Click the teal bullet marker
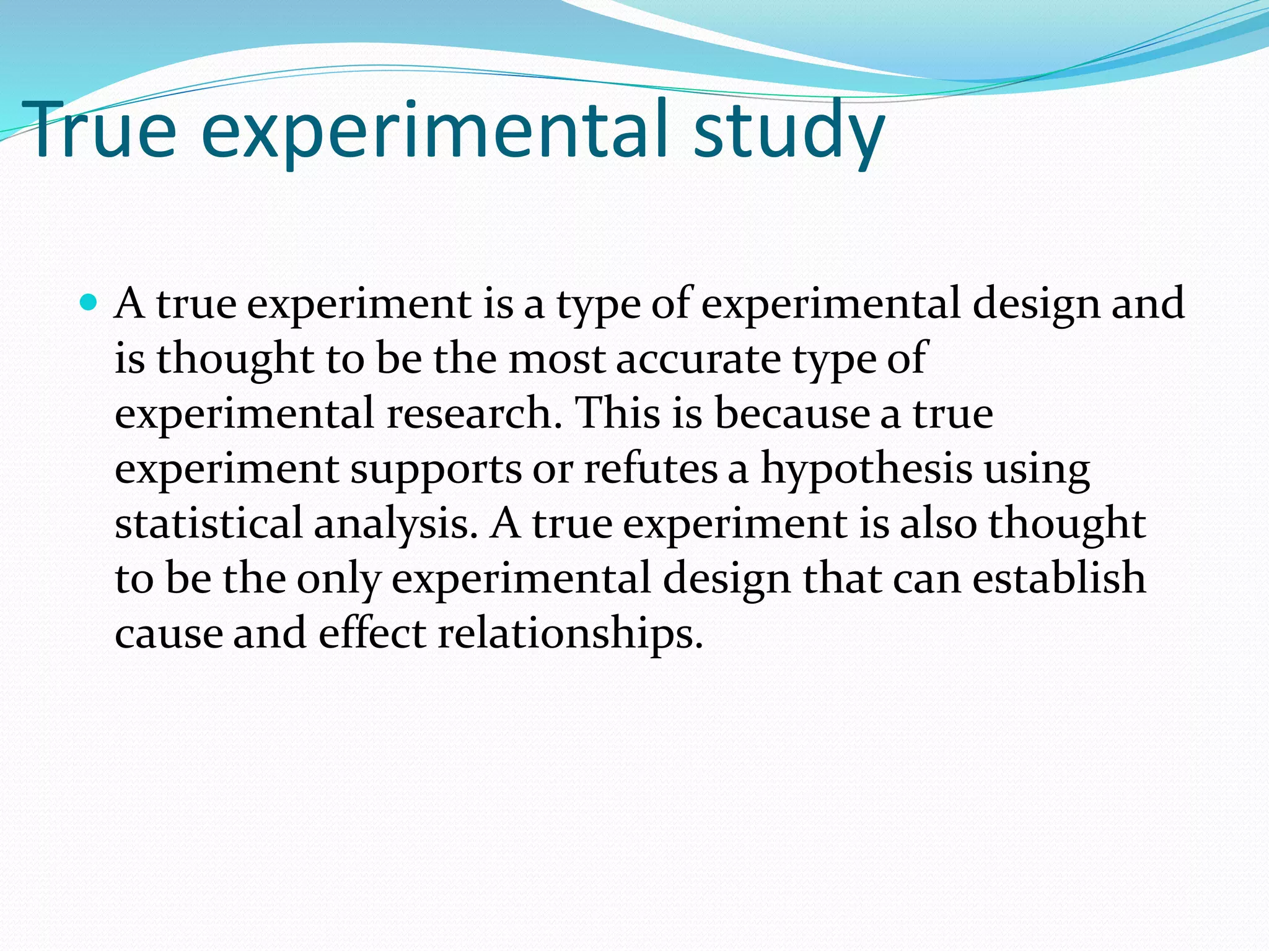(89, 303)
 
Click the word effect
(372, 633)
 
